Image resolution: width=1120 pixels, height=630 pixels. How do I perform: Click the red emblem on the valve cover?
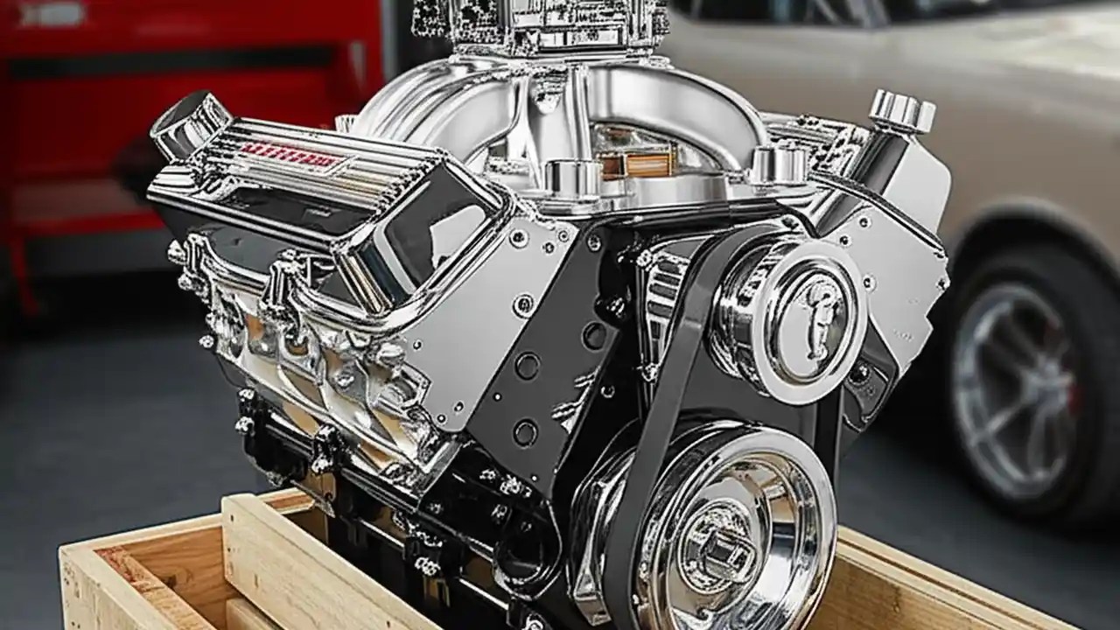click(x=290, y=156)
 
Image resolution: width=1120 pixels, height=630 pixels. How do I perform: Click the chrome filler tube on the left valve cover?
click(x=188, y=122)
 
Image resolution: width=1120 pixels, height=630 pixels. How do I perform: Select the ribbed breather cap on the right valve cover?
click(x=901, y=112)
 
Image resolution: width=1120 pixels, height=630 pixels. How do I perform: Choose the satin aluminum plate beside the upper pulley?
click(x=901, y=254)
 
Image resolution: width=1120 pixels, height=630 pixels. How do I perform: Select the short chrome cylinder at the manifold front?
click(x=574, y=179)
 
